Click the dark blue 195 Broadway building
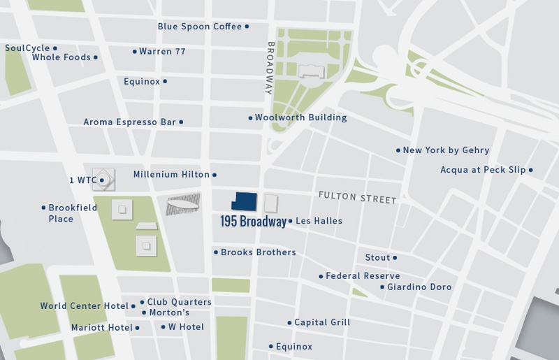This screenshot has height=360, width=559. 245,202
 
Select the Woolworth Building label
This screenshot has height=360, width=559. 300,117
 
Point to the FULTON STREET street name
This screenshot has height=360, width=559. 357,198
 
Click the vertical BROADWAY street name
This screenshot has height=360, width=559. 269,68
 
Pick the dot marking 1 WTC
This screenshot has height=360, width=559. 102,180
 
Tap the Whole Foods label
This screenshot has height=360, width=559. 61,57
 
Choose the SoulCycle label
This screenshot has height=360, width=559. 28,48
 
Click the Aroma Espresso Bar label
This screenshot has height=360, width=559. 130,122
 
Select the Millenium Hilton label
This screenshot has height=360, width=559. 171,175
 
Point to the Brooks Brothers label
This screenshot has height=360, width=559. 258,252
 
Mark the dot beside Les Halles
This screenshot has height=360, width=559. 290,221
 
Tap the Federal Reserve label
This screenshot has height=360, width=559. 363,276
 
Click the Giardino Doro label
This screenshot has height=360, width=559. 419,287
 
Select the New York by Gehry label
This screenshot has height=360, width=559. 446,150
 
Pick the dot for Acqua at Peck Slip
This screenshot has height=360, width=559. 531,170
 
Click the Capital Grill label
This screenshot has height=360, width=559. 322,323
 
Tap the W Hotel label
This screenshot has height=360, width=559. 187,327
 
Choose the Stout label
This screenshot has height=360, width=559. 377,258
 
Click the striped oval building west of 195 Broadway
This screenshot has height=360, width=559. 183,204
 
